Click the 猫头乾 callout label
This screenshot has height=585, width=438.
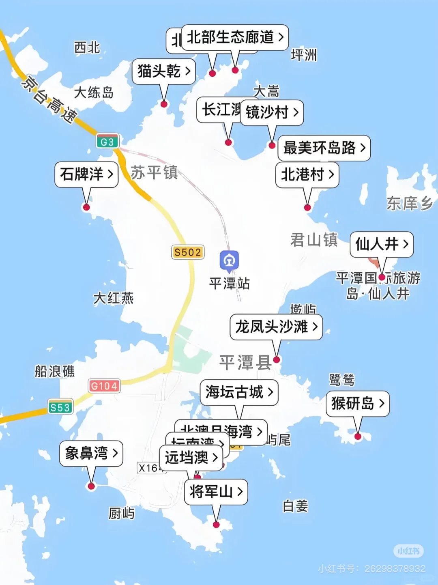[164, 71]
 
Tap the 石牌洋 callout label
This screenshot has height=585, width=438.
[86, 174]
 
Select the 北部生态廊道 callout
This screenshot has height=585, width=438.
[235, 37]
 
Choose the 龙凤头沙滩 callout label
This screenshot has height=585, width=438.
[276, 327]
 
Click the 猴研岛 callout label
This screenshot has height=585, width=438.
[357, 403]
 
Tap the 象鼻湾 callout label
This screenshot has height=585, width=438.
[91, 453]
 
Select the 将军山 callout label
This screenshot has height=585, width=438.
[216, 492]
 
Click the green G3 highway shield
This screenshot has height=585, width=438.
[107, 142]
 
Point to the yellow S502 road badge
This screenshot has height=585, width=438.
[188, 252]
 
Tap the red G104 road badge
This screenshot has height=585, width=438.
[104, 386]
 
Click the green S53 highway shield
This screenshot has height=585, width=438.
[60, 407]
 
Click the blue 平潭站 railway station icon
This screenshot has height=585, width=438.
[229, 260]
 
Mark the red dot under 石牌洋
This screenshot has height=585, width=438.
[86, 207]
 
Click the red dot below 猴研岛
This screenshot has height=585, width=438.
[358, 437]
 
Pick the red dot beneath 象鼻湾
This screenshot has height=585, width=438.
[91, 486]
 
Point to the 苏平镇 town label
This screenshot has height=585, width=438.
[155, 172]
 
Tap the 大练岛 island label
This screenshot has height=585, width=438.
[94, 92]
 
